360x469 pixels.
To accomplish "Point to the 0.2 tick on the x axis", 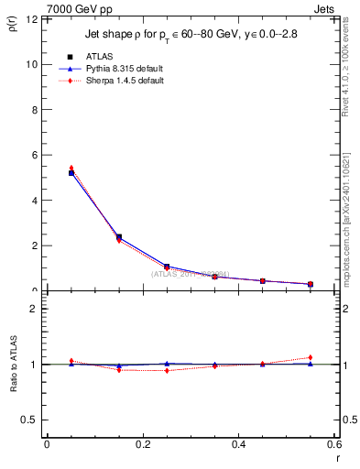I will [142, 444].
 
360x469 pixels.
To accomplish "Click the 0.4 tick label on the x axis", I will [238, 444].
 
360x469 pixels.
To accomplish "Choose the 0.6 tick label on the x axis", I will [333, 444].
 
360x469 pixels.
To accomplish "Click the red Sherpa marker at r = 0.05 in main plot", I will [71, 168].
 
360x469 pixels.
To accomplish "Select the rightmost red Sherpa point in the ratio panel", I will [311, 357].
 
